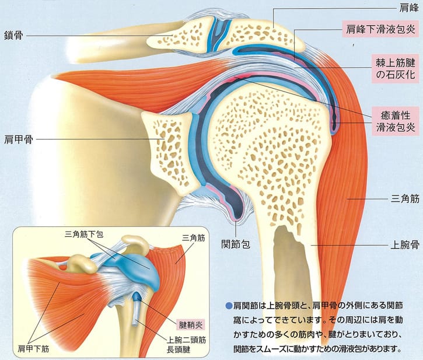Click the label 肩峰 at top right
pyautogui.click(x=407, y=9)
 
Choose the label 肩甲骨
pyautogui.click(x=17, y=139)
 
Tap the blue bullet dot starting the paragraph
pyautogui.click(x=228, y=305)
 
